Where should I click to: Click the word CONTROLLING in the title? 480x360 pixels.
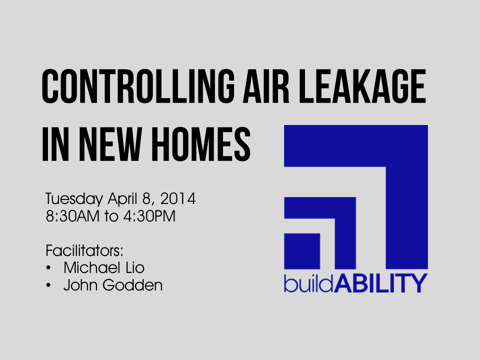[138, 86]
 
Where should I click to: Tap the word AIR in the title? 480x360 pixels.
[266, 86]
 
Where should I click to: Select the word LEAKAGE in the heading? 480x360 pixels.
[362, 86]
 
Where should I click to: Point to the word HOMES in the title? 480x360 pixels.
[201, 144]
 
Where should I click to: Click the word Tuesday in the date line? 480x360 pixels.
[74, 199]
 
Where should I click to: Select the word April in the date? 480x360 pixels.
[122, 199]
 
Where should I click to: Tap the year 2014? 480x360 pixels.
[178, 198]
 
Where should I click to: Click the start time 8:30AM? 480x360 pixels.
[72, 216]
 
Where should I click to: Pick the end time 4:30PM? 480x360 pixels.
[149, 216]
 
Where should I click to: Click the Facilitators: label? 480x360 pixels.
[84, 250]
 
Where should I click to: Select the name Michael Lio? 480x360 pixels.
[104, 267]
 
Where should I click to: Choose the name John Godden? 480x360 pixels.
[113, 285]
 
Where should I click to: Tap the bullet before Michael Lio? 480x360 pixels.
[48, 268]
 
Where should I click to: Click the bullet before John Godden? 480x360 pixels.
[48, 285]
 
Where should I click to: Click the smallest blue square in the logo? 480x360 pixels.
[302, 251]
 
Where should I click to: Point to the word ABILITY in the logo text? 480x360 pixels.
[380, 283]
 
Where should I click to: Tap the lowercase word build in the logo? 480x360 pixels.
[308, 283]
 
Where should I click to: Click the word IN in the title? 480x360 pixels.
[55, 144]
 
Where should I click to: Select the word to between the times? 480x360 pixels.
[111, 216]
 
